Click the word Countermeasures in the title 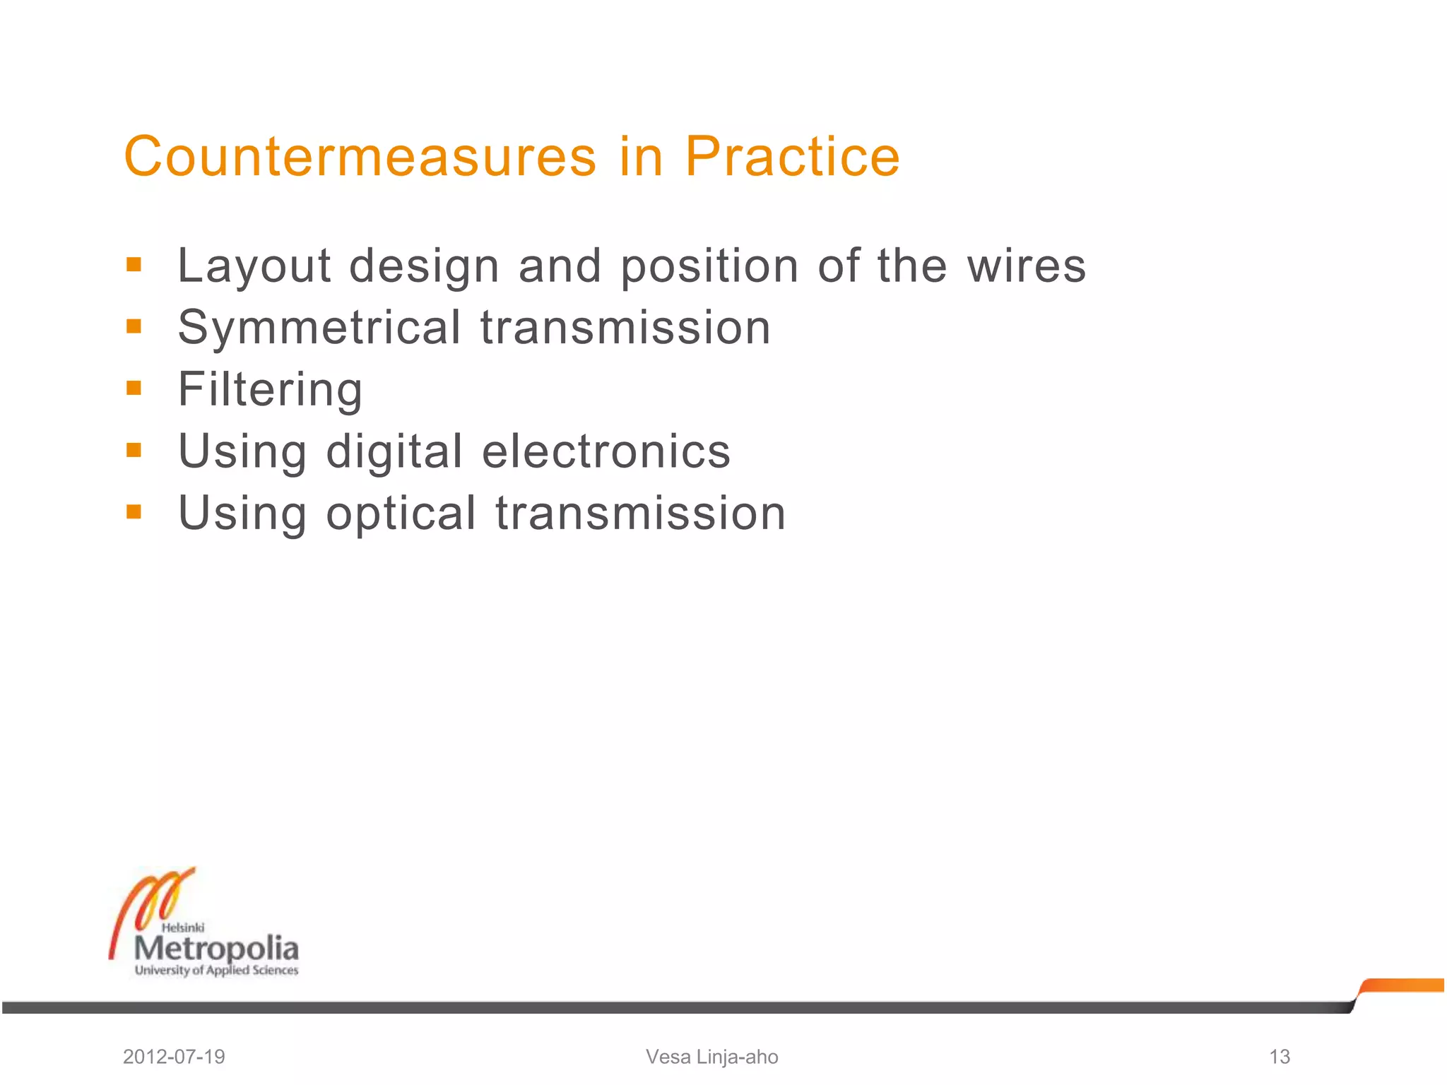click(360, 157)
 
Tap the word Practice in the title click(792, 157)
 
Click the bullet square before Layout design click(134, 265)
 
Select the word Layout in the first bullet click(254, 266)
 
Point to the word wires click(1026, 266)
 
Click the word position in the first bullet click(709, 268)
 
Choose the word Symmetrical click(319, 328)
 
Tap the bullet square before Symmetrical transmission click(134, 326)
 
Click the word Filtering click(270, 390)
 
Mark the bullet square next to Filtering click(134, 388)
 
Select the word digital click(394, 452)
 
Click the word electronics click(606, 451)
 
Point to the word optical click(401, 514)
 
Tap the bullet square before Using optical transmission click(134, 511)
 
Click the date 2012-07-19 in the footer click(174, 1057)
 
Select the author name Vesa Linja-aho click(711, 1057)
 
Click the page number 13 click(1280, 1057)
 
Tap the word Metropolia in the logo click(216, 949)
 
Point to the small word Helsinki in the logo click(183, 927)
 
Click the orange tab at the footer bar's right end click(1402, 985)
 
